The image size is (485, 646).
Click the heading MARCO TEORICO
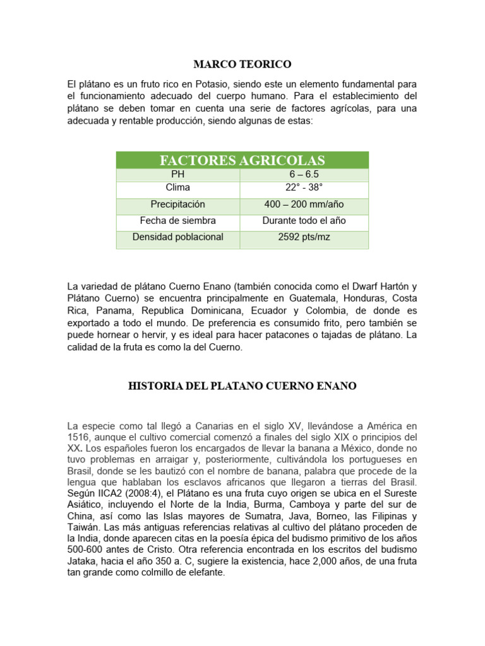point(242,64)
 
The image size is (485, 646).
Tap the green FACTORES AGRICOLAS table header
point(242,160)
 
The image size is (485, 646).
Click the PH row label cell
point(178,175)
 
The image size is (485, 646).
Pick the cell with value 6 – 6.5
point(304,175)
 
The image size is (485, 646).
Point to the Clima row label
point(178,188)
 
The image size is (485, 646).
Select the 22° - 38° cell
point(304,188)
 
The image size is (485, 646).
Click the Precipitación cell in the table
point(178,204)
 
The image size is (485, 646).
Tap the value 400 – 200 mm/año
point(304,204)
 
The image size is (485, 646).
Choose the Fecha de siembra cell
point(178,221)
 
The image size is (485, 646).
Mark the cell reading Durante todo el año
point(304,221)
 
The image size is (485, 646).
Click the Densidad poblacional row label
point(178,237)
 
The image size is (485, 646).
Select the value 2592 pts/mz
point(304,237)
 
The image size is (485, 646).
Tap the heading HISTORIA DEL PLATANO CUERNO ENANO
point(242,386)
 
